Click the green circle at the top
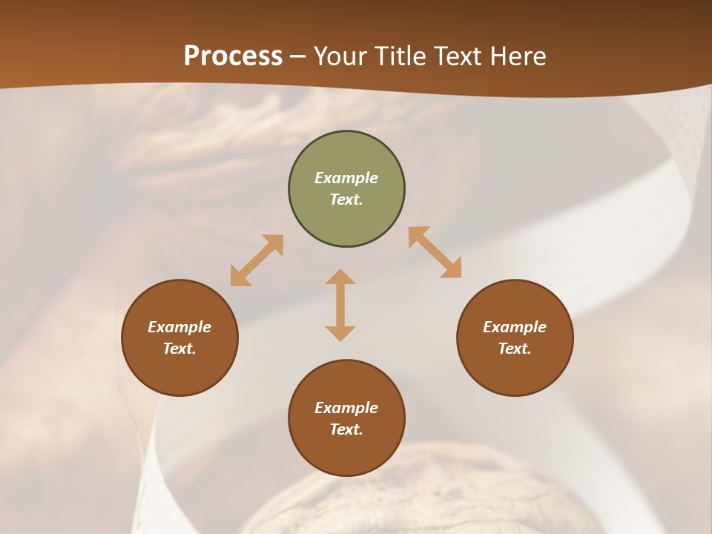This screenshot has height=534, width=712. [346, 189]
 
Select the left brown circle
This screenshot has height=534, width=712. [179, 337]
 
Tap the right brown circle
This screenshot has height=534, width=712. [515, 337]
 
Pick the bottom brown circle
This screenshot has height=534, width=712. [346, 418]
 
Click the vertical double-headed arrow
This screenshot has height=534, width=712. [340, 305]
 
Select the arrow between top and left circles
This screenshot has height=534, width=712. [257, 260]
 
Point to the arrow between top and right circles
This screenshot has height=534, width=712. [435, 252]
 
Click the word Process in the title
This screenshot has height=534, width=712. [233, 56]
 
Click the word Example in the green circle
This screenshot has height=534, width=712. [346, 178]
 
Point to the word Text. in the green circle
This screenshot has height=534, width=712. [346, 200]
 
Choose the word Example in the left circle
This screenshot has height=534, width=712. [179, 327]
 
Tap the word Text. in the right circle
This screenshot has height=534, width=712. [515, 349]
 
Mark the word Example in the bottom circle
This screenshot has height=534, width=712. [346, 408]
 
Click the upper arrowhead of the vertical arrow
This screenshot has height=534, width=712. [340, 277]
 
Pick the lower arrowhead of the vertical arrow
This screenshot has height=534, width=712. [340, 333]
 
